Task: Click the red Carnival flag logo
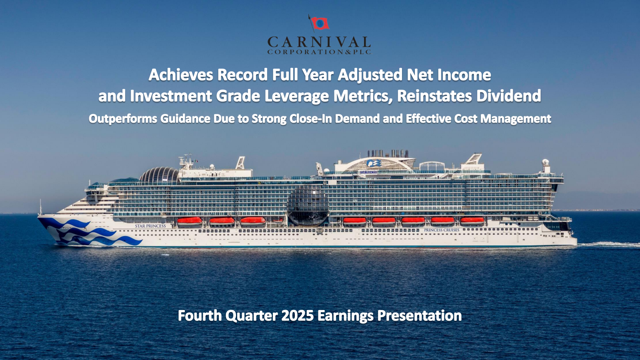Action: [x=319, y=23]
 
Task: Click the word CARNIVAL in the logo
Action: [x=319, y=42]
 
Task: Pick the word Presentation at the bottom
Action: [x=420, y=316]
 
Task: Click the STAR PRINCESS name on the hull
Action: [x=150, y=226]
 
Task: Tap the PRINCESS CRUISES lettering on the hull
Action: [x=442, y=230]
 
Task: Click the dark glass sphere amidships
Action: [x=308, y=205]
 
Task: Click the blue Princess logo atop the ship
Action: [x=374, y=163]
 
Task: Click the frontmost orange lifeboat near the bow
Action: [x=190, y=221]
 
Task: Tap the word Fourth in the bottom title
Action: [x=200, y=316]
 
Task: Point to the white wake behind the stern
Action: [x=608, y=244]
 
